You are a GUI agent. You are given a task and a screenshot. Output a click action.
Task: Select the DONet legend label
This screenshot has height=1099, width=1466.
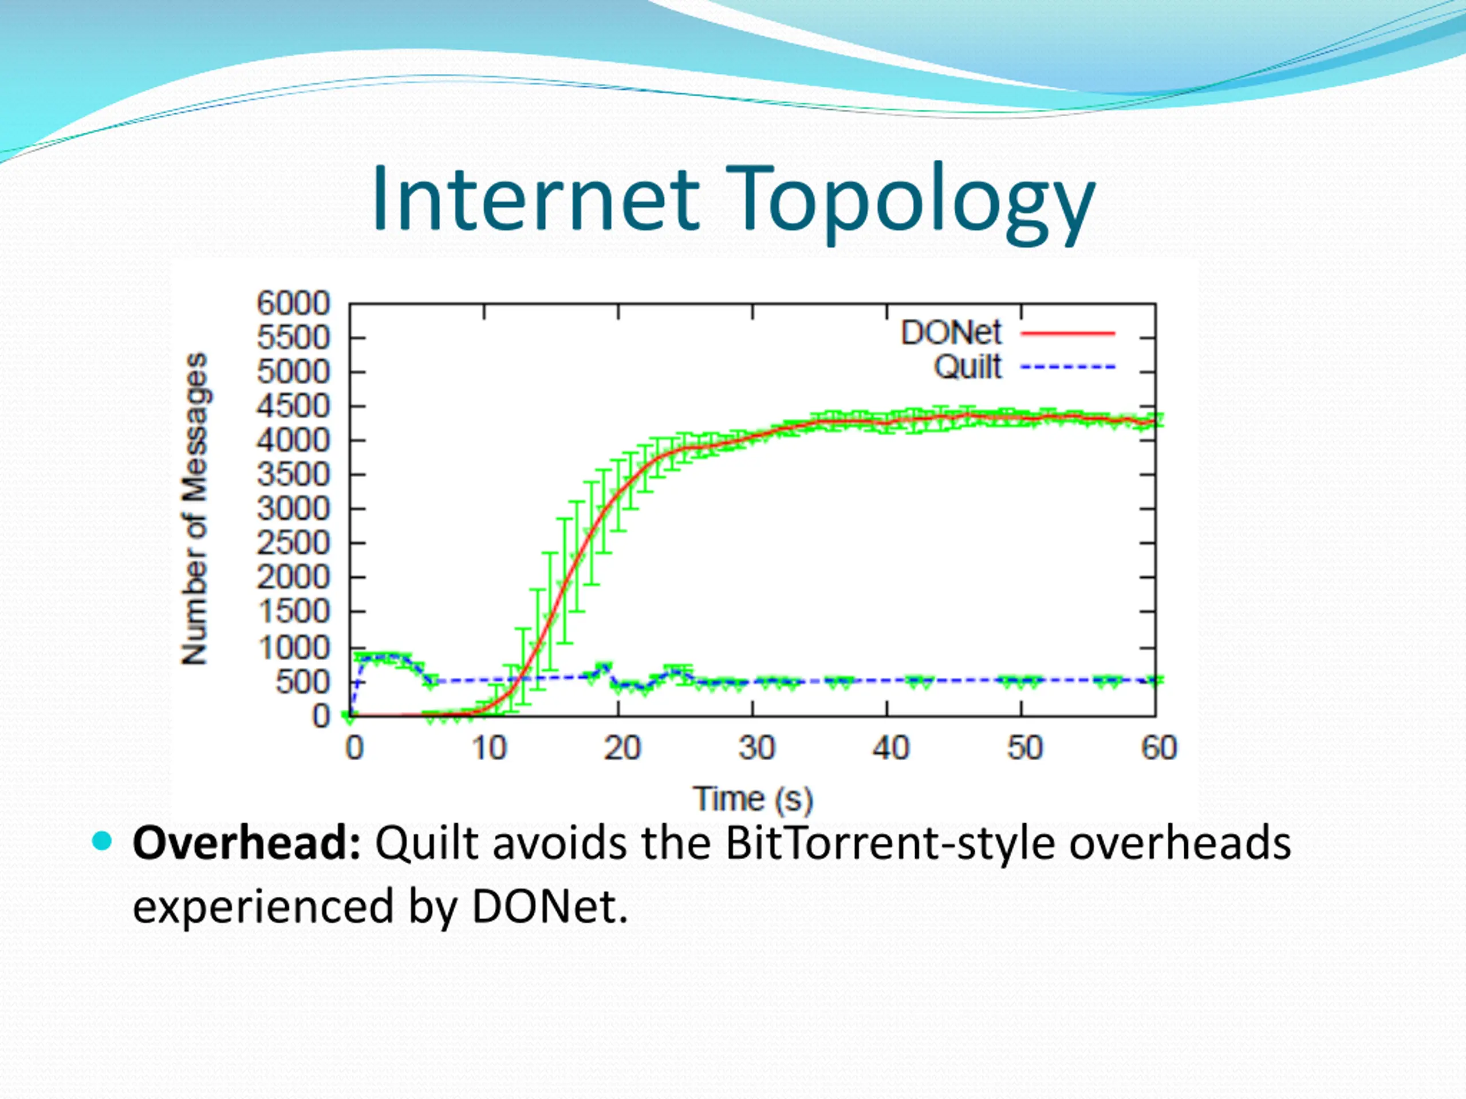pos(951,333)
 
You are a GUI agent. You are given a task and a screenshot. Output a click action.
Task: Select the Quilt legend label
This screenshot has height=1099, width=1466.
pos(968,367)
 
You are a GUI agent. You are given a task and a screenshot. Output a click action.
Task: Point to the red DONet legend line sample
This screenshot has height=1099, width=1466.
pos(1067,333)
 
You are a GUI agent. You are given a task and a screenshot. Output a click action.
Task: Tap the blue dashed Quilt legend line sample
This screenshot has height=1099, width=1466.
pos(1067,367)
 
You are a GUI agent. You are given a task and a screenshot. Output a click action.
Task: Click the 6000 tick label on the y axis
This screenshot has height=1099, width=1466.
pos(293,304)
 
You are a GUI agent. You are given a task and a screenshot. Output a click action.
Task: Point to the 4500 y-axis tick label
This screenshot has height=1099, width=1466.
pos(293,406)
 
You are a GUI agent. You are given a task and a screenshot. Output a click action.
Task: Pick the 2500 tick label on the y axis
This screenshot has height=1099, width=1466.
pos(293,543)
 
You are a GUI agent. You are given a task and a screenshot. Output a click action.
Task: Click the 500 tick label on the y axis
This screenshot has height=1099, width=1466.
pos(303,682)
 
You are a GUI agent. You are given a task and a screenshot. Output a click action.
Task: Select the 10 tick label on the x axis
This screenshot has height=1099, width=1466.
pos(489,749)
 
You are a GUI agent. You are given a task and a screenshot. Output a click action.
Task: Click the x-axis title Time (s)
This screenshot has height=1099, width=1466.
pos(753,800)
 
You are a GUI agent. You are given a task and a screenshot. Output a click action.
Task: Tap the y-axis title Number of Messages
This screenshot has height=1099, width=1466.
pos(195,509)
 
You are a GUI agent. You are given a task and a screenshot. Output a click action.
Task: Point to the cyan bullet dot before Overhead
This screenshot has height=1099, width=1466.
pos(103,841)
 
